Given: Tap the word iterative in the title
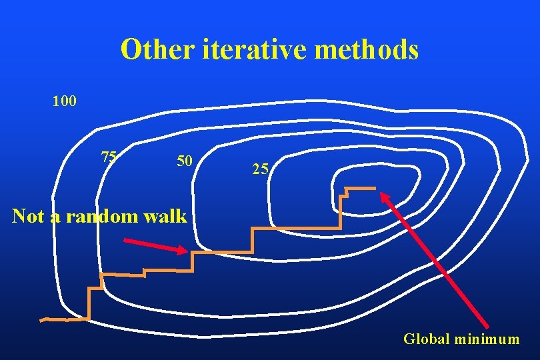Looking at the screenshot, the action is (x=247, y=50).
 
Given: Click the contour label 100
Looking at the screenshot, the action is (x=65, y=102).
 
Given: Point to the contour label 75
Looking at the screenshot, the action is (x=109, y=157).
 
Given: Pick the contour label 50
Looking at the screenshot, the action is (x=185, y=161).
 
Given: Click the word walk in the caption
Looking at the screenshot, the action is (x=171, y=216).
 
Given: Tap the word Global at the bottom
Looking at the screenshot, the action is (x=426, y=339).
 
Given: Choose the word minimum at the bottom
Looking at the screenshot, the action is (x=486, y=339).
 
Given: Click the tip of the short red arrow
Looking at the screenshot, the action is (x=188, y=251).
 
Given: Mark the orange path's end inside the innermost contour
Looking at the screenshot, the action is (x=374, y=189).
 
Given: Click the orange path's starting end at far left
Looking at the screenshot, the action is (x=41, y=320).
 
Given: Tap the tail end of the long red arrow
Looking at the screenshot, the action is (x=488, y=326).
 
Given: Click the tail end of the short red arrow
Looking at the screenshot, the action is (x=125, y=239).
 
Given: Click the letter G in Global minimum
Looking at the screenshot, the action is (x=409, y=339).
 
